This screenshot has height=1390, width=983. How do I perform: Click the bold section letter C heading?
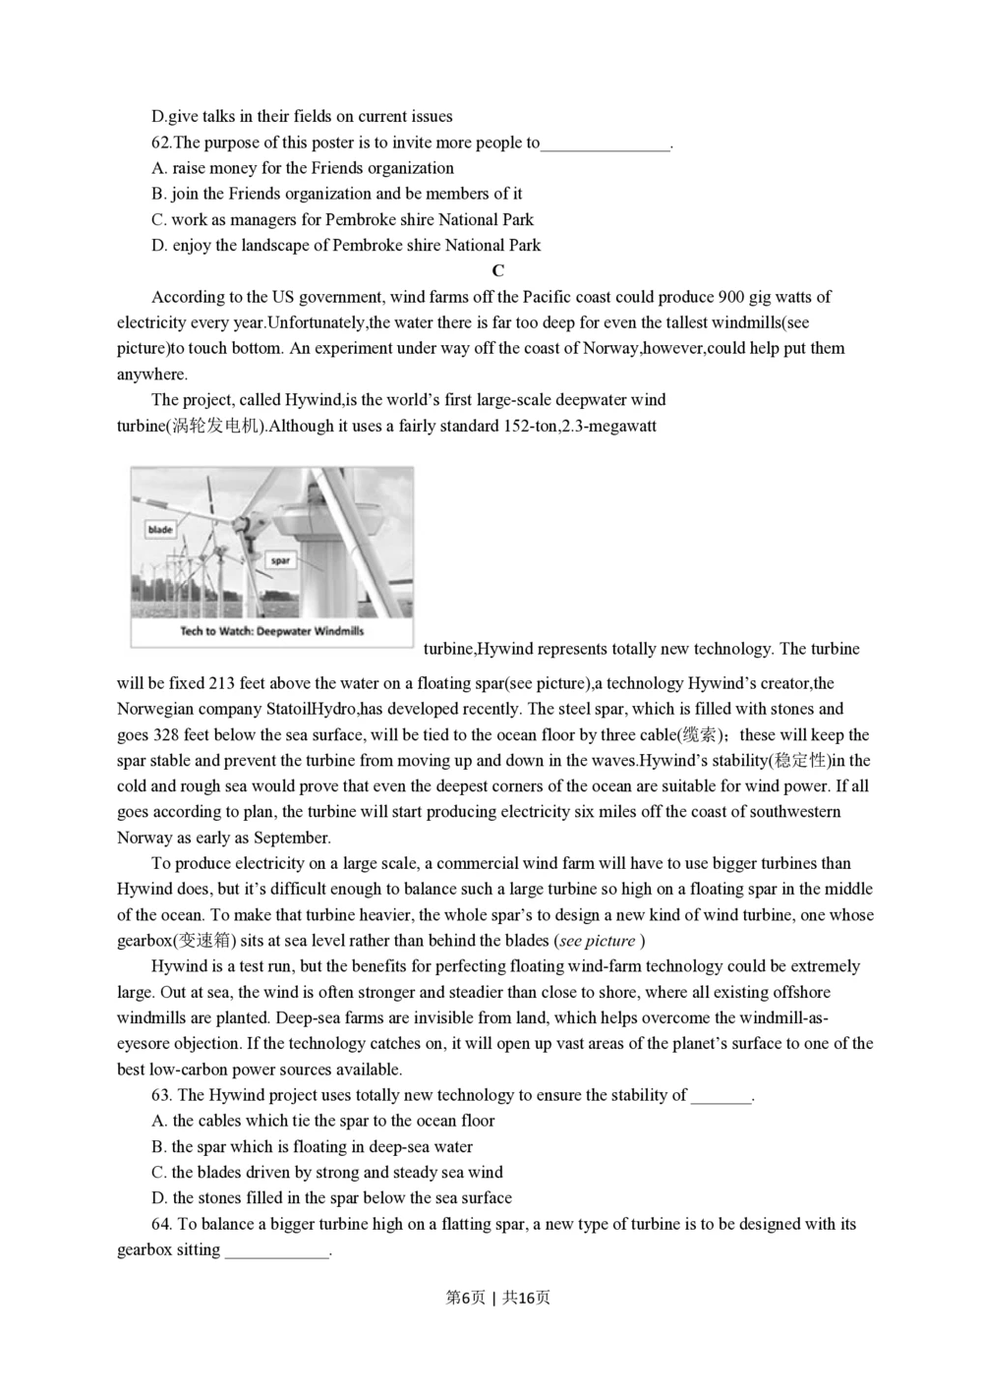pyautogui.click(x=497, y=271)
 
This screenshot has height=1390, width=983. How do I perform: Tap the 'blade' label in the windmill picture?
pyautogui.click(x=160, y=530)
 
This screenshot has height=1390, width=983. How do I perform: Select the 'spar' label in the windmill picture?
pyautogui.click(x=280, y=560)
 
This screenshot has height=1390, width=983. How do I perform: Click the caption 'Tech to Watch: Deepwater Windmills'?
pyautogui.click(x=271, y=631)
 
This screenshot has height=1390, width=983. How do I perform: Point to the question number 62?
pyautogui.click(x=161, y=143)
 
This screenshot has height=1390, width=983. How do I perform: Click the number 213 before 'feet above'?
pyautogui.click(x=222, y=683)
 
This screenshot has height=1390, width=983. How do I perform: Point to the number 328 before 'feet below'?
pyautogui.click(x=164, y=735)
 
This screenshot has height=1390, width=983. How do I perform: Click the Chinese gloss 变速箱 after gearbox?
pyautogui.click(x=203, y=941)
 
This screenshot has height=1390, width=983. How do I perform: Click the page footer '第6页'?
pyautogui.click(x=465, y=1298)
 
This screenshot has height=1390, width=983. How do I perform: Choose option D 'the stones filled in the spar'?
pyautogui.click(x=331, y=1198)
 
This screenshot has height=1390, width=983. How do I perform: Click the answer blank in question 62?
pyautogui.click(x=604, y=144)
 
